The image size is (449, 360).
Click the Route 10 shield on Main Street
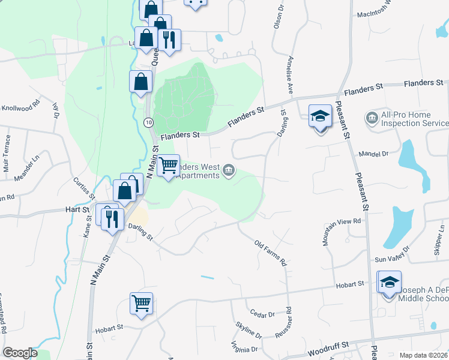click(148, 122)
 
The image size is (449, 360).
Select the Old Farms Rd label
click(271, 254)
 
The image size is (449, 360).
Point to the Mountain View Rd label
click(342, 230)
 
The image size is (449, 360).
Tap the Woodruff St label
click(329, 349)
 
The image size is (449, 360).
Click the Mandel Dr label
click(373, 154)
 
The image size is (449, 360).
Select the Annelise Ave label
click(290, 75)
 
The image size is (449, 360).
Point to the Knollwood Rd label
click(20, 103)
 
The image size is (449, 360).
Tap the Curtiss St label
click(83, 188)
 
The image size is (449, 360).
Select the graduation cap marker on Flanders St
click(321, 115)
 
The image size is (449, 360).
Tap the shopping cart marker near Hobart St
click(141, 303)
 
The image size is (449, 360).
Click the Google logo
click(19, 353)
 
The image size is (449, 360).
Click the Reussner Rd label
click(289, 324)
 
